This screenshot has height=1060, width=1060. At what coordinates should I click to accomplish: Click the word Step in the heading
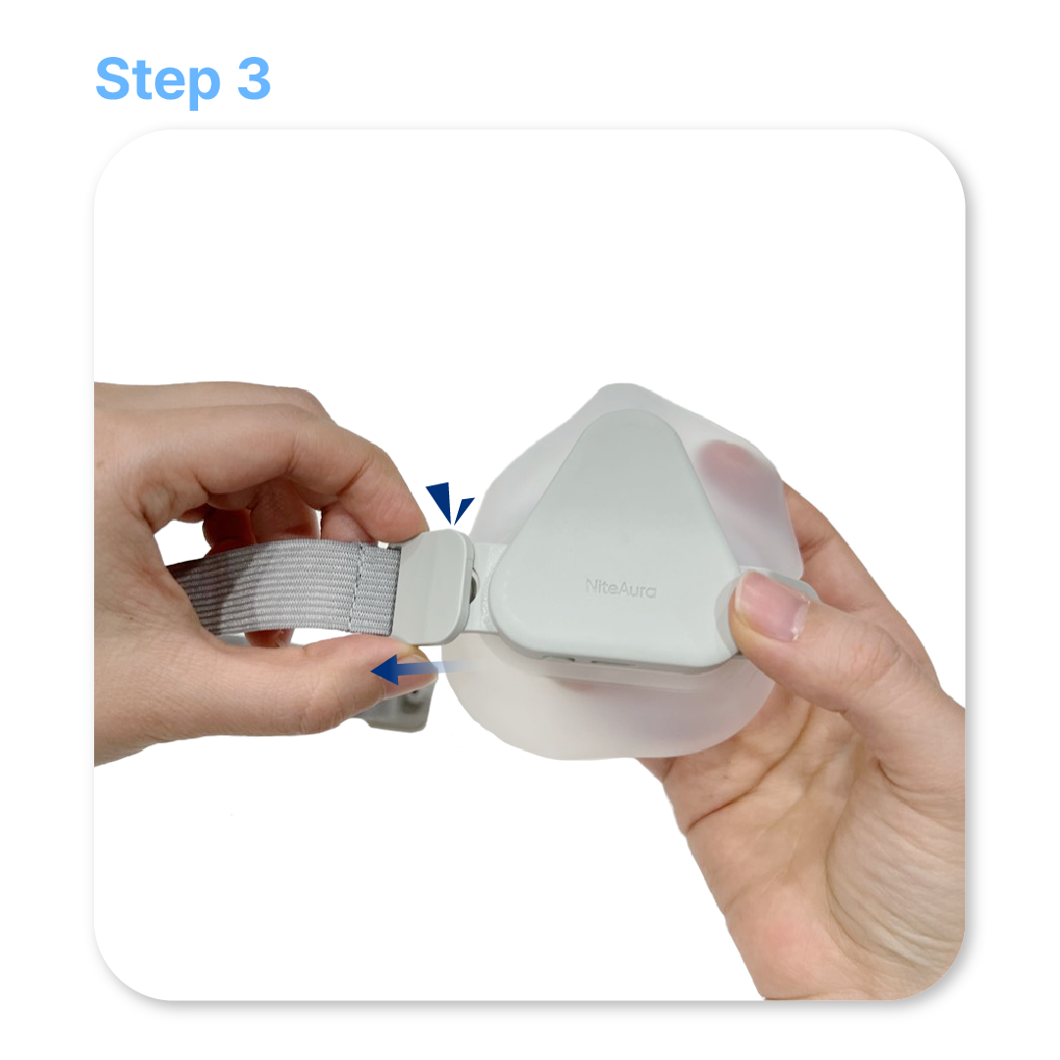point(158,80)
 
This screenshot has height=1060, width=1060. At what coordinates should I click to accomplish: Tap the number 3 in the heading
point(254,77)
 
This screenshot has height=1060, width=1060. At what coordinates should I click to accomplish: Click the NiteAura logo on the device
point(621,587)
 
